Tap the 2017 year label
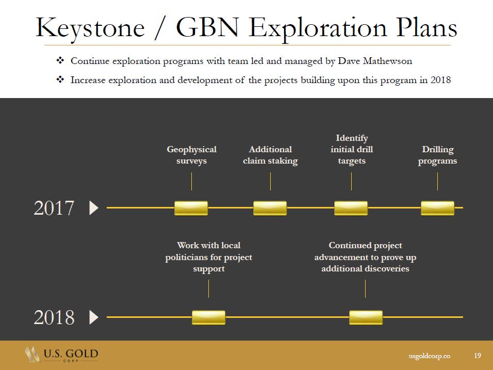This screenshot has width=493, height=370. tap(54, 208)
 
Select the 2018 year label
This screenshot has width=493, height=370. tap(54, 317)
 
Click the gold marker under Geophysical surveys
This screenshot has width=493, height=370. tap(191, 208)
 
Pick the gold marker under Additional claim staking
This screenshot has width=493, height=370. tap(270, 208)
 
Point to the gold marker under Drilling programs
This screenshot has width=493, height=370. tap(437, 208)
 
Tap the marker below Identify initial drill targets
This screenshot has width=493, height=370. tap(351, 208)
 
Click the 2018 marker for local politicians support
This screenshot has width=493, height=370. tap(208, 317)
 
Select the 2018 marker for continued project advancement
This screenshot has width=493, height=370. tap(366, 317)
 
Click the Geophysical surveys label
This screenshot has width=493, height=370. tap(191, 155)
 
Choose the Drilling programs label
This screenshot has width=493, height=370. tap(437, 155)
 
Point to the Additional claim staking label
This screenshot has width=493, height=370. tap(270, 155)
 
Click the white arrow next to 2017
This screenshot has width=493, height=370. tap(94, 208)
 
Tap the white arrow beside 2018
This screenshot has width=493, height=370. tap(94, 317)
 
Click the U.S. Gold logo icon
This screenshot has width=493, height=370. tap(33, 355)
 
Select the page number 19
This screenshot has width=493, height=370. tap(477, 356)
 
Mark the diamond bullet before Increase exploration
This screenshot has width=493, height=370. tap(60, 80)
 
